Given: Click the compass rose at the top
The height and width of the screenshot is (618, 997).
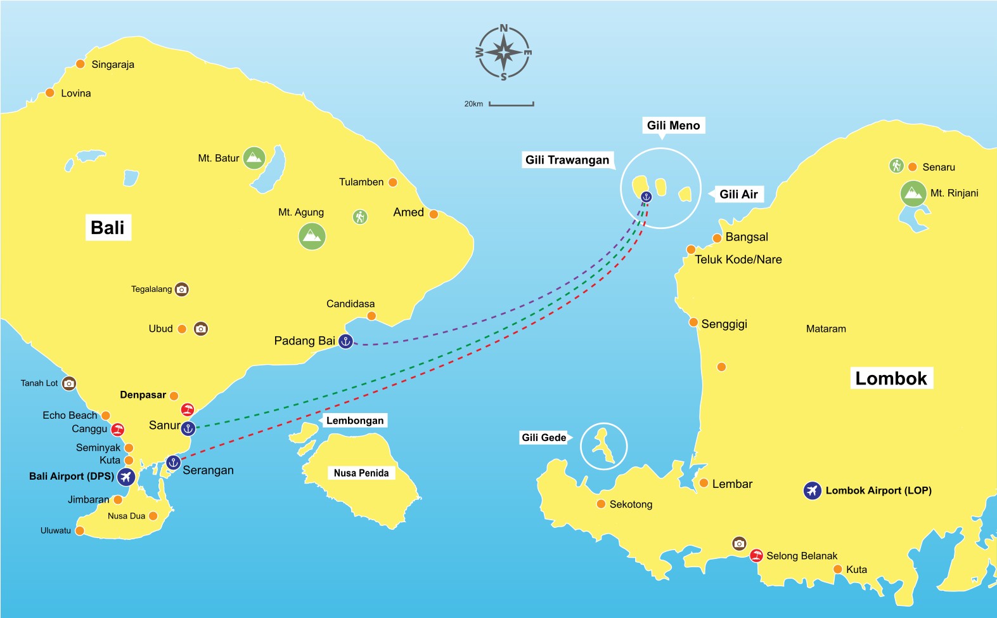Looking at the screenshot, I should tap(504, 53).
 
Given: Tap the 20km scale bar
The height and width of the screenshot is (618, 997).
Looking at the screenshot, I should tap(511, 104).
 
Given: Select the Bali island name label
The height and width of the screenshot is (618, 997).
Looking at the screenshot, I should tap(108, 228).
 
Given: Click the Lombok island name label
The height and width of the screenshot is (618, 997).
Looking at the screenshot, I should tap(891, 379).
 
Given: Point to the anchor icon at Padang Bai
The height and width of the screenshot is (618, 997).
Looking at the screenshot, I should tap(345, 341).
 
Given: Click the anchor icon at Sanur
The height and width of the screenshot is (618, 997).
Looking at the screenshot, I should tap(188, 429).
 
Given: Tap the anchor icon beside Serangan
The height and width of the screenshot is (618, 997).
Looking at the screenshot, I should tap(173, 463).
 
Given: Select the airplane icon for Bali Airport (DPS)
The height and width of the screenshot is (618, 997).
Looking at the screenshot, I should tap(126, 477).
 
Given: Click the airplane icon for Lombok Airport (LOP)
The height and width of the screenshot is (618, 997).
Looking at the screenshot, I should tap(813, 490).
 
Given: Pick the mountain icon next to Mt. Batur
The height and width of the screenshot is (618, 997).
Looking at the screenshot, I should tap(254, 158).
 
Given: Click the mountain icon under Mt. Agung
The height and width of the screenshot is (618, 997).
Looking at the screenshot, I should tap(312, 237).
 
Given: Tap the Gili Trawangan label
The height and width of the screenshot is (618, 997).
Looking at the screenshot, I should tap(567, 160).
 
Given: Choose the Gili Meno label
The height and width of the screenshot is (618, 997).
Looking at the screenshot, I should tap(673, 126).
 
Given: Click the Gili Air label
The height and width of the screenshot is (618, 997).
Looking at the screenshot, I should tap(738, 194).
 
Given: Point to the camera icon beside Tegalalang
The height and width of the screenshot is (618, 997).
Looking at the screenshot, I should tap(182, 289).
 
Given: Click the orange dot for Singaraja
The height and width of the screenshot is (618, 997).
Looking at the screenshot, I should tap(80, 64).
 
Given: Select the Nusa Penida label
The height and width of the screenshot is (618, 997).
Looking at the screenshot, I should tap(361, 473).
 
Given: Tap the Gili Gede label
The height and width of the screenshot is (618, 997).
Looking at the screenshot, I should tap(544, 437).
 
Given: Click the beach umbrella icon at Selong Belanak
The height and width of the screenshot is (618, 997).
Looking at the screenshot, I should tap(756, 556).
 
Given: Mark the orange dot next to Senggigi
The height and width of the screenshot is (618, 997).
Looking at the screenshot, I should tap(693, 322).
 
